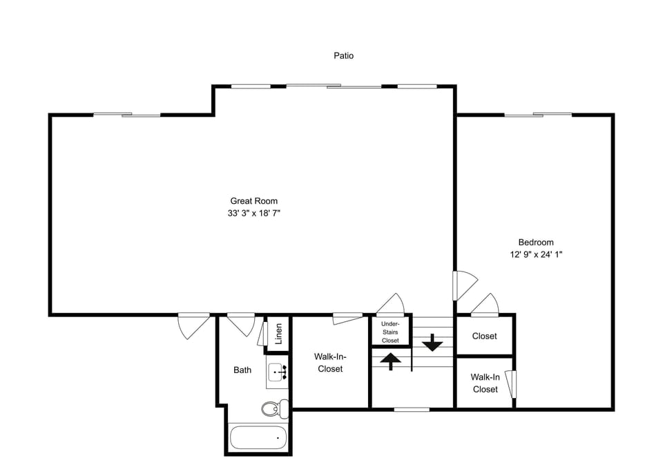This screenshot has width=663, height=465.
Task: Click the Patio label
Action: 343,55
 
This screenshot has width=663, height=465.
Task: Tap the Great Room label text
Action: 253,201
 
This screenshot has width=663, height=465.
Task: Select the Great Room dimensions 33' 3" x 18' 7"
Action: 253,213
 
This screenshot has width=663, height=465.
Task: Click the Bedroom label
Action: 536,243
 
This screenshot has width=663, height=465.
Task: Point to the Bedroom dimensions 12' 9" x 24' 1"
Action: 536,254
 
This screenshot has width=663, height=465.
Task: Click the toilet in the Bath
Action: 274,408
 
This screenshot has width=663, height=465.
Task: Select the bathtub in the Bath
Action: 258,438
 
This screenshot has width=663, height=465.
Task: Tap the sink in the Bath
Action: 278,372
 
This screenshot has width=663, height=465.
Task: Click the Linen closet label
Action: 278,334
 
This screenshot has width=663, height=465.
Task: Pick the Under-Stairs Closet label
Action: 390,332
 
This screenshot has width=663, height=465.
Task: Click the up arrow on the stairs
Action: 391,361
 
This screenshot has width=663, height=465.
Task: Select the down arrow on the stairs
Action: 432,342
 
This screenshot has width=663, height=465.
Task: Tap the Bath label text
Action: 242,370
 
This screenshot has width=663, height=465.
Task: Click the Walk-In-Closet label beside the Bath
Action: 330,363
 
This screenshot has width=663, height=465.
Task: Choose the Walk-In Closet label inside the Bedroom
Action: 485,383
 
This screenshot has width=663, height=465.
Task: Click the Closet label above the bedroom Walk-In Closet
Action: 484,336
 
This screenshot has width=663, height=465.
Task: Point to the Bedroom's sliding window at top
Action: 538,114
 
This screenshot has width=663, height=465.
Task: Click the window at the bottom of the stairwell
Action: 412,409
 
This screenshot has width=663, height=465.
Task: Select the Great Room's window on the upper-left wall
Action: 127,114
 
